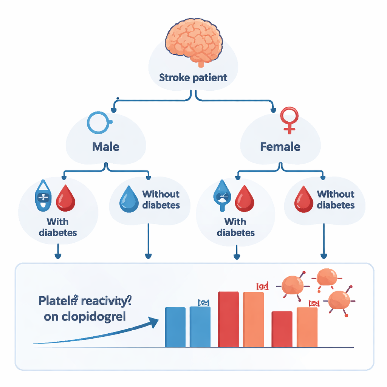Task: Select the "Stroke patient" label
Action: point(193,78)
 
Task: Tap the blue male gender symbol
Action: point(99,122)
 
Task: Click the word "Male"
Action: point(105,146)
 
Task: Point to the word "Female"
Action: point(280,146)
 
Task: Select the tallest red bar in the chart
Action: point(228,319)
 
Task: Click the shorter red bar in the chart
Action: point(282,329)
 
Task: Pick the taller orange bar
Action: point(253,319)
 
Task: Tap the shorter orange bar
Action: point(307,327)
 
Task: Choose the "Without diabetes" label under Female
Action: point(336,200)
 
